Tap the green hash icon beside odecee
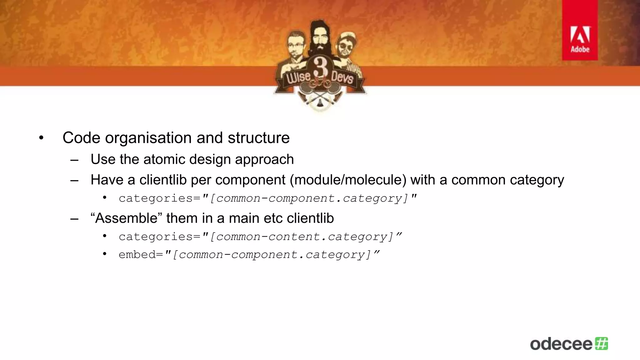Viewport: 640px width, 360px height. pos(602,343)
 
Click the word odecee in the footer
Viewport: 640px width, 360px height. pos(561,344)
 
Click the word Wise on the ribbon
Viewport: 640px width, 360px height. pos(298,77)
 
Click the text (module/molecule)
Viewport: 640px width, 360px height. pos(348,180)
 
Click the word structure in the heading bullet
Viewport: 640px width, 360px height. pos(258,138)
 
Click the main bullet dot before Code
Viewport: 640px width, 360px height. pos(41,138)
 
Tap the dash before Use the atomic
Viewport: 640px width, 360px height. pos(74,160)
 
